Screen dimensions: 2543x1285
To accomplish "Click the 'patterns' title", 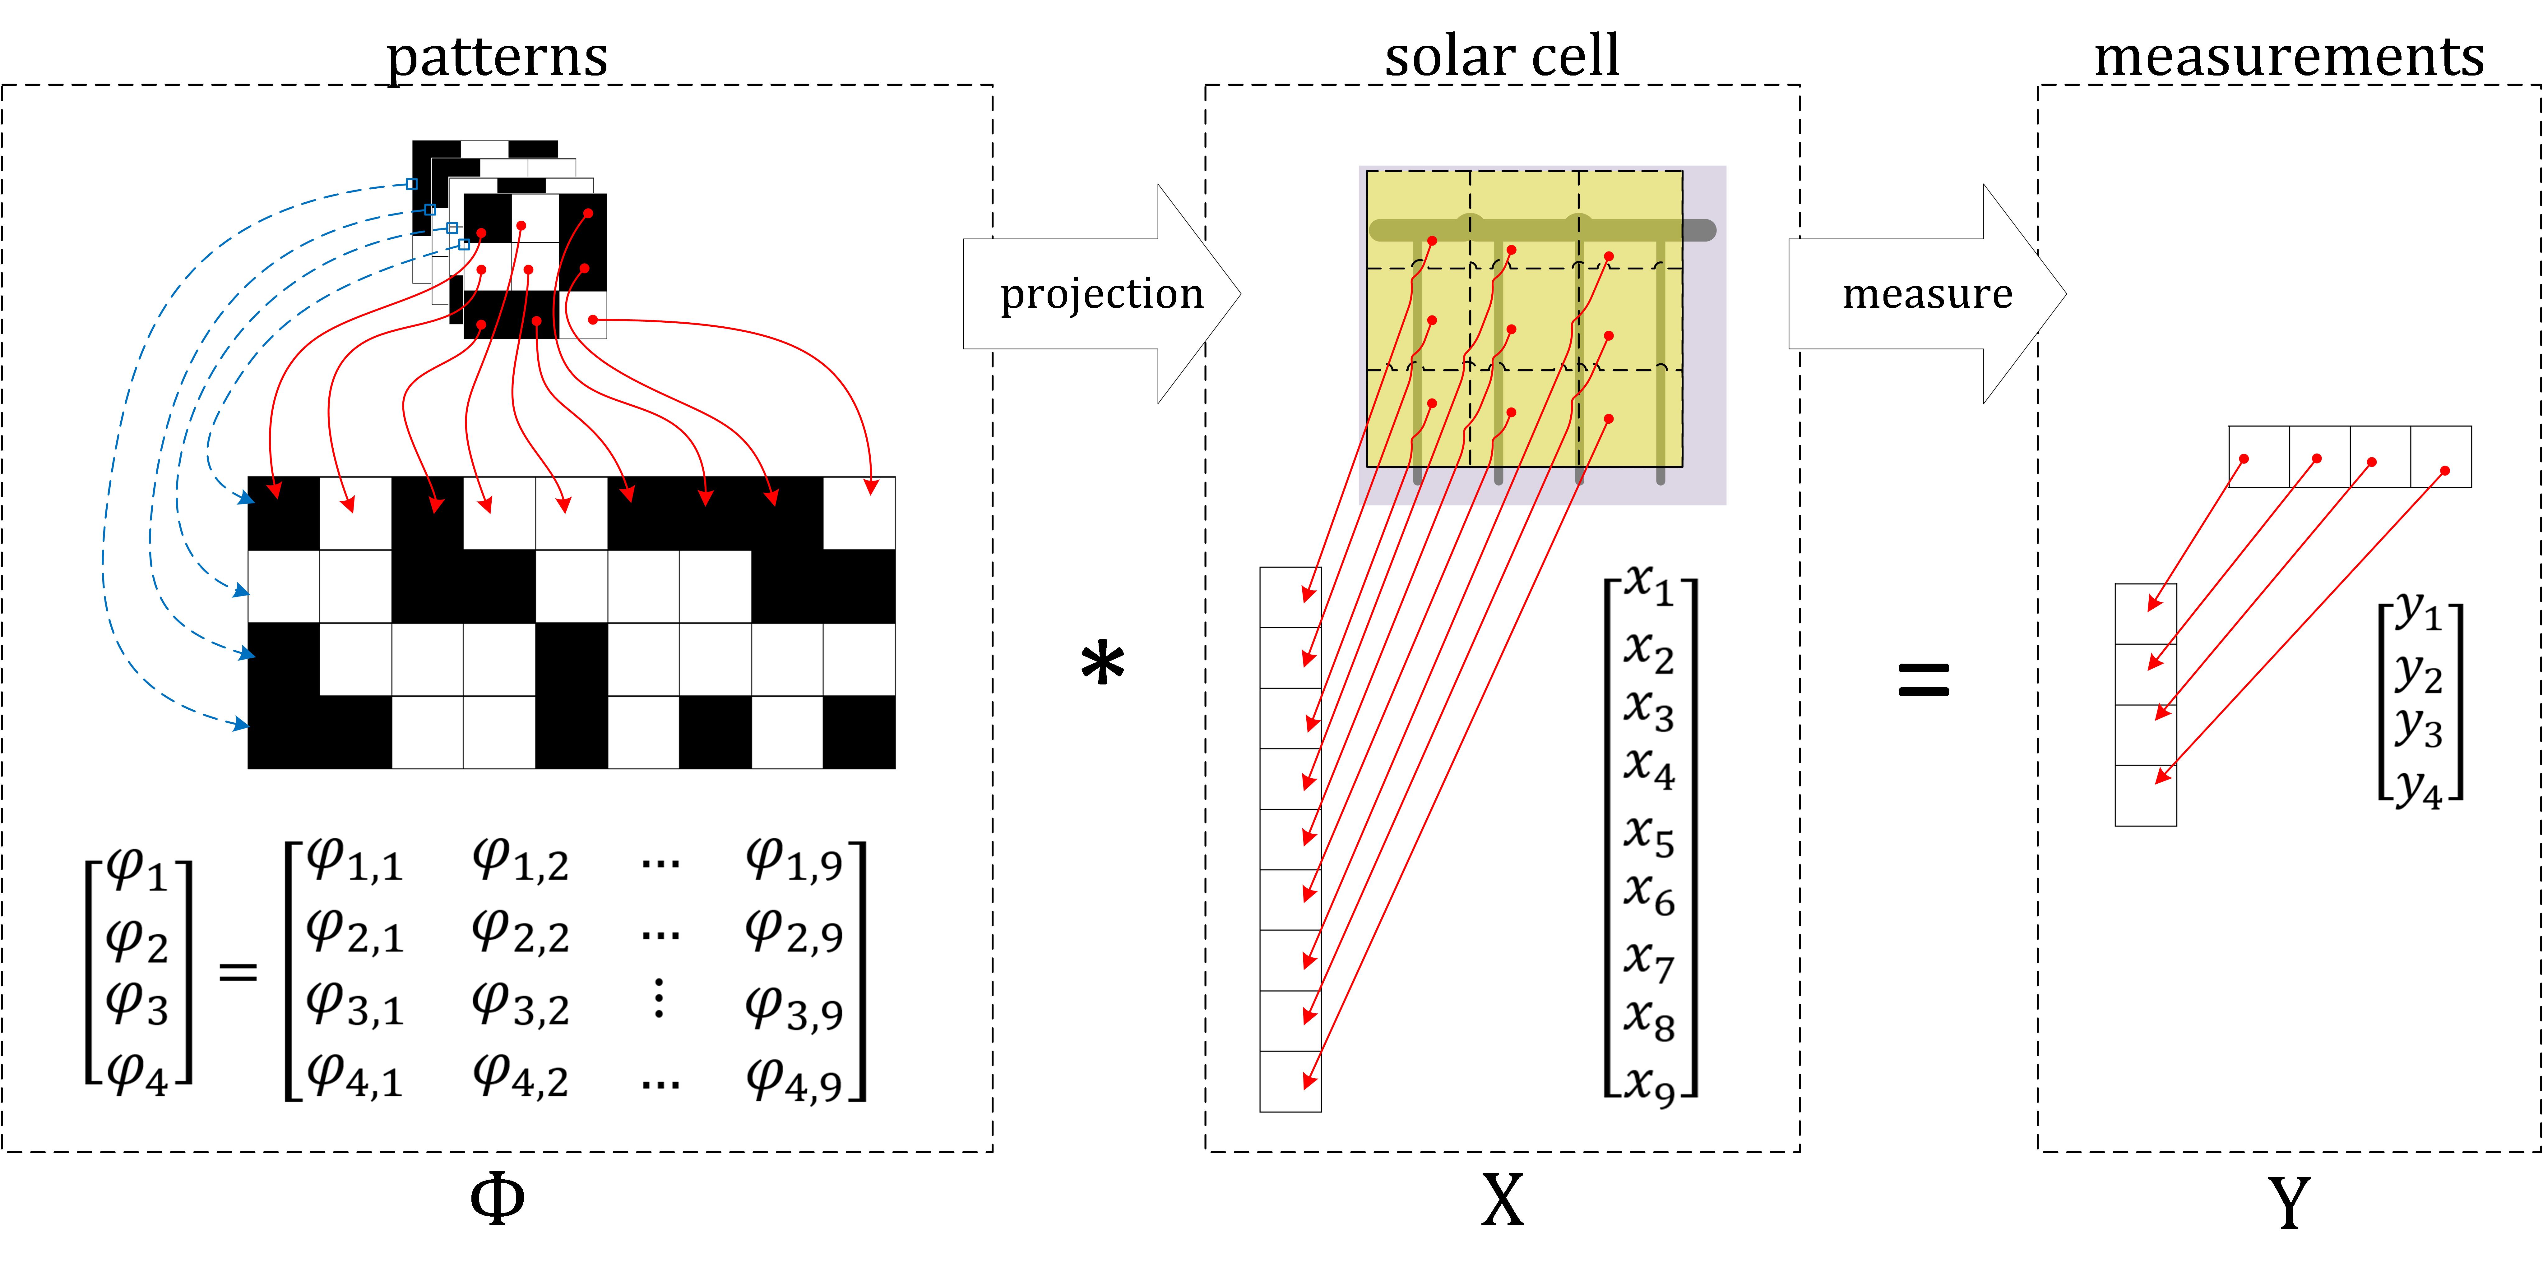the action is click(497, 57).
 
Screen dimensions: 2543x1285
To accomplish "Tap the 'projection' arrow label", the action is click(1102, 294).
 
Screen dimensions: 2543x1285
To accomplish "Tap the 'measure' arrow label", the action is click(1927, 294).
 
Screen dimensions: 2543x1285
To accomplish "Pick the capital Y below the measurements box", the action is click(2288, 1202).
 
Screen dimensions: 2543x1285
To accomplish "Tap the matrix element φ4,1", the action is click(354, 1077).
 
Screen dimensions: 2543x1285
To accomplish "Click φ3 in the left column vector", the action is click(136, 1003).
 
